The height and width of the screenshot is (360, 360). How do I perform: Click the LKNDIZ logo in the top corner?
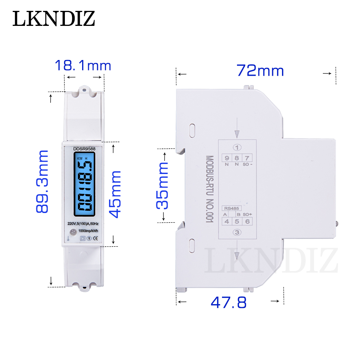54,19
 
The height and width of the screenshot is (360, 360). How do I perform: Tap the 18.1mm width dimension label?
83,65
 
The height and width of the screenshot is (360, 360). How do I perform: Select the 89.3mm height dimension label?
42,181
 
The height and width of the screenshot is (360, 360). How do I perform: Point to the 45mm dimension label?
115,194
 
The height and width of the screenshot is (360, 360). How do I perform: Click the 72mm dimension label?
260,70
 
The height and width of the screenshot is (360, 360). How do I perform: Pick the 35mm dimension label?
162,186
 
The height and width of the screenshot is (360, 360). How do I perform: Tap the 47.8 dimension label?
229,302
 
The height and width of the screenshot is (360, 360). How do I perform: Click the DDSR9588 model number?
84,149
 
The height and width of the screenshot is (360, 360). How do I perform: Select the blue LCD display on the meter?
84,184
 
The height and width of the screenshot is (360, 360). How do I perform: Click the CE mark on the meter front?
96,238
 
